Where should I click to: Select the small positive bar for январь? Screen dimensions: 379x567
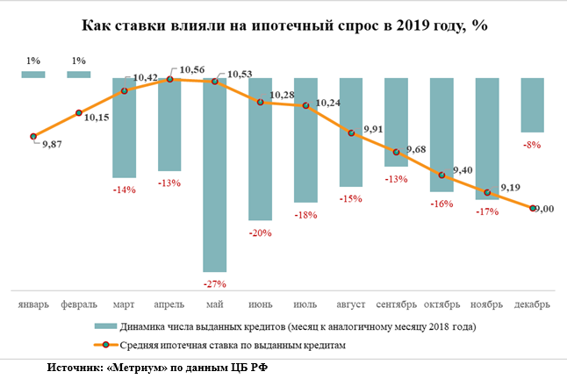pos(33,75)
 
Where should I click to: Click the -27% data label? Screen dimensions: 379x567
pos(215,283)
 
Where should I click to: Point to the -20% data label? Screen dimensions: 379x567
pos(261,232)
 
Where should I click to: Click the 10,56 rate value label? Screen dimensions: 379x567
pos(192,68)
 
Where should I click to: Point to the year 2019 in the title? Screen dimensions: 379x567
pos(406,26)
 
